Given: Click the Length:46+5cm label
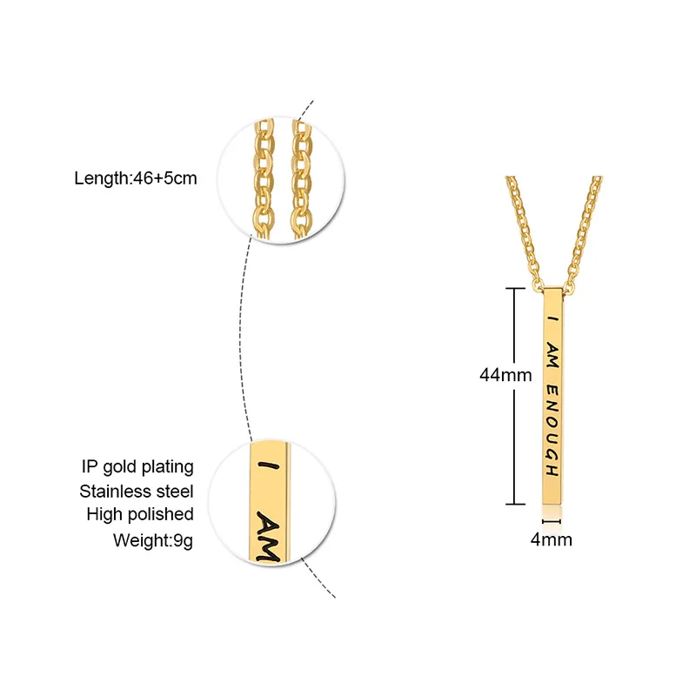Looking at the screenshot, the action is click(x=135, y=179).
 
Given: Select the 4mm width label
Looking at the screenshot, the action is click(x=552, y=539).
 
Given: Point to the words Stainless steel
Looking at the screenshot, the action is click(x=137, y=492).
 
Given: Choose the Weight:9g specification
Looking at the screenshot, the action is click(x=153, y=539).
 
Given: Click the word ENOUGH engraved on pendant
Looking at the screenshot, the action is click(x=551, y=431).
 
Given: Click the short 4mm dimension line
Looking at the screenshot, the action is click(x=552, y=522).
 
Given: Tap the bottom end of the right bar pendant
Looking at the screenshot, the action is click(x=552, y=503).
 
